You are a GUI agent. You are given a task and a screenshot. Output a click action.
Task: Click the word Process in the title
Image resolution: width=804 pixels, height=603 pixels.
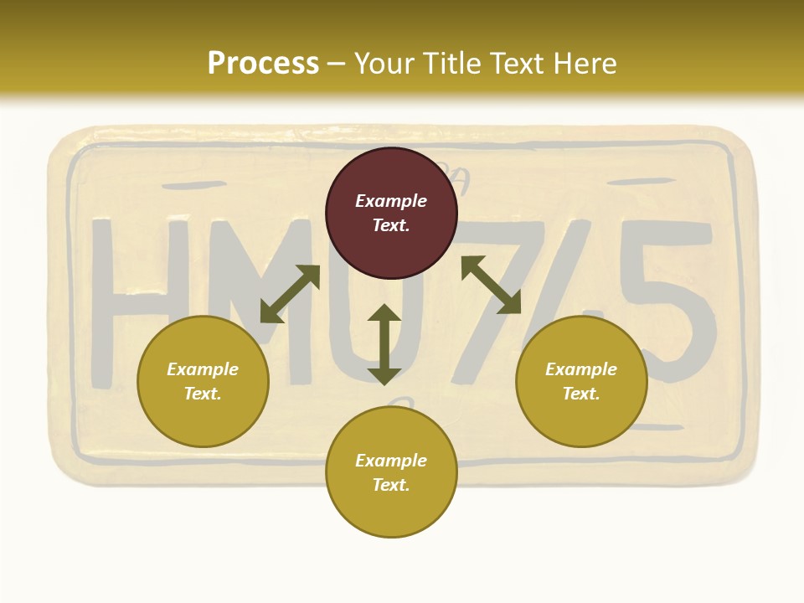[x=263, y=64]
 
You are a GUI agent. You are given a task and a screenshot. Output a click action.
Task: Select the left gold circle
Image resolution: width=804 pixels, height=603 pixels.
[x=203, y=381]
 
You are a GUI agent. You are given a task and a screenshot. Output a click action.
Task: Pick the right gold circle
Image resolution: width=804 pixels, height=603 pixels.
[x=581, y=381]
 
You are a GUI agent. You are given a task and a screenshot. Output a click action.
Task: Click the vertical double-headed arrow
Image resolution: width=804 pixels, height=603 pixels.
[x=384, y=344]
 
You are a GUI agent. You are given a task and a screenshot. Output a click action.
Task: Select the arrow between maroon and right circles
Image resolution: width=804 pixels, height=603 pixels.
[x=492, y=285]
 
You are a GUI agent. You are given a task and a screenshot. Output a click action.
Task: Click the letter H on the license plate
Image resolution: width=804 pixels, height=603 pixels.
[x=138, y=301]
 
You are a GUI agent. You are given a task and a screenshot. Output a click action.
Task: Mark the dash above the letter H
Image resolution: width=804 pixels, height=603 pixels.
[x=192, y=184]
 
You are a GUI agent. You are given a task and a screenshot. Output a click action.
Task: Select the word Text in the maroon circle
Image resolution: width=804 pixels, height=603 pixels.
[x=391, y=225]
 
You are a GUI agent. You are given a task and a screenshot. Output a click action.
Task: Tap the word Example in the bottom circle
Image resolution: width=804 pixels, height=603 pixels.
[x=391, y=461]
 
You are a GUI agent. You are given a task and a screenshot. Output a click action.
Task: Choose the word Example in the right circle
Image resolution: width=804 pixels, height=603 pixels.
[x=581, y=369]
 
